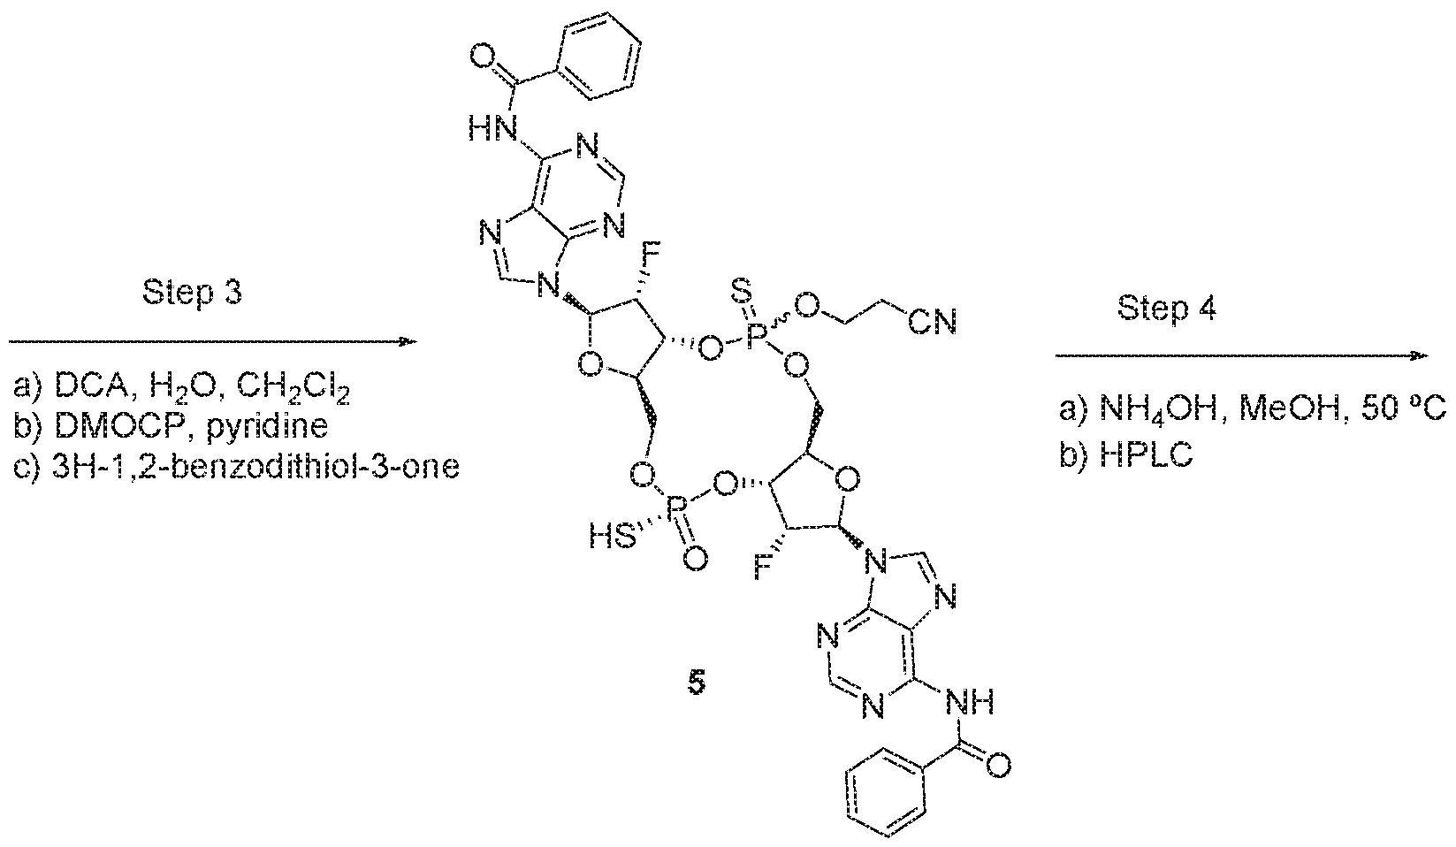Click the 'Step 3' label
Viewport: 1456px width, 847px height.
192,293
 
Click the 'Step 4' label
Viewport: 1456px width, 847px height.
1167,308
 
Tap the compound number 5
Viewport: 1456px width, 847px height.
696,683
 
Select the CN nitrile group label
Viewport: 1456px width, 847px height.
933,323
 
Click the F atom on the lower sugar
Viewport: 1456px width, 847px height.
763,568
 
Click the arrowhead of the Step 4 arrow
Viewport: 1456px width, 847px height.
1421,355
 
